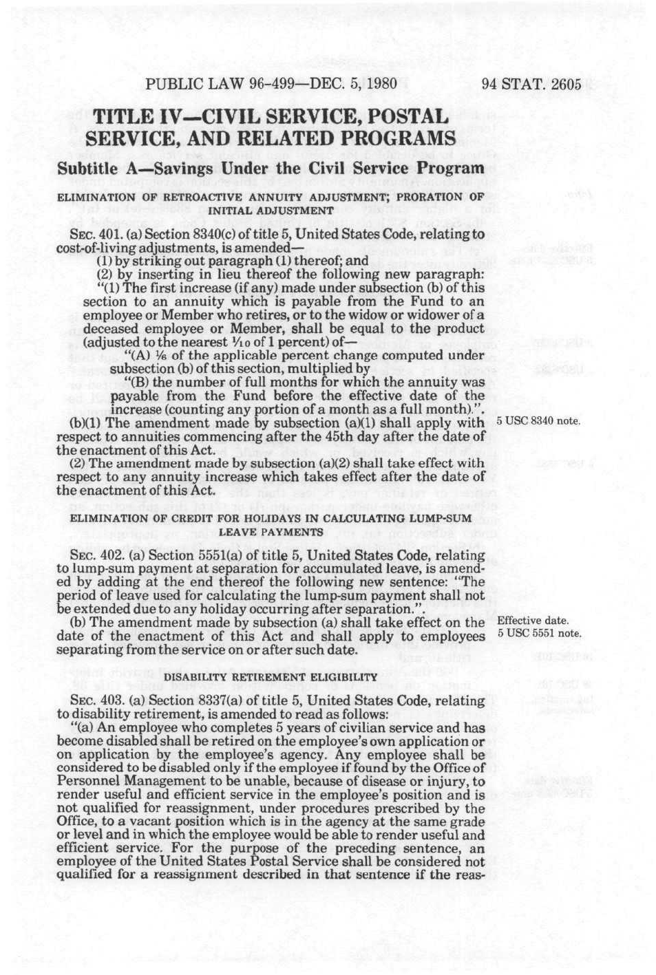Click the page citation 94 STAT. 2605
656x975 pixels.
click(531, 85)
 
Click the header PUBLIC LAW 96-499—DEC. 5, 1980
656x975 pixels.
click(271, 85)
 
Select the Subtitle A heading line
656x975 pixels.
click(271, 168)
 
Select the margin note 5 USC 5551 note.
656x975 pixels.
click(538, 634)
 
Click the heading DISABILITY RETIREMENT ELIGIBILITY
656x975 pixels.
click(271, 677)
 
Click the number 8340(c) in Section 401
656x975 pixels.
click(210, 235)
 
